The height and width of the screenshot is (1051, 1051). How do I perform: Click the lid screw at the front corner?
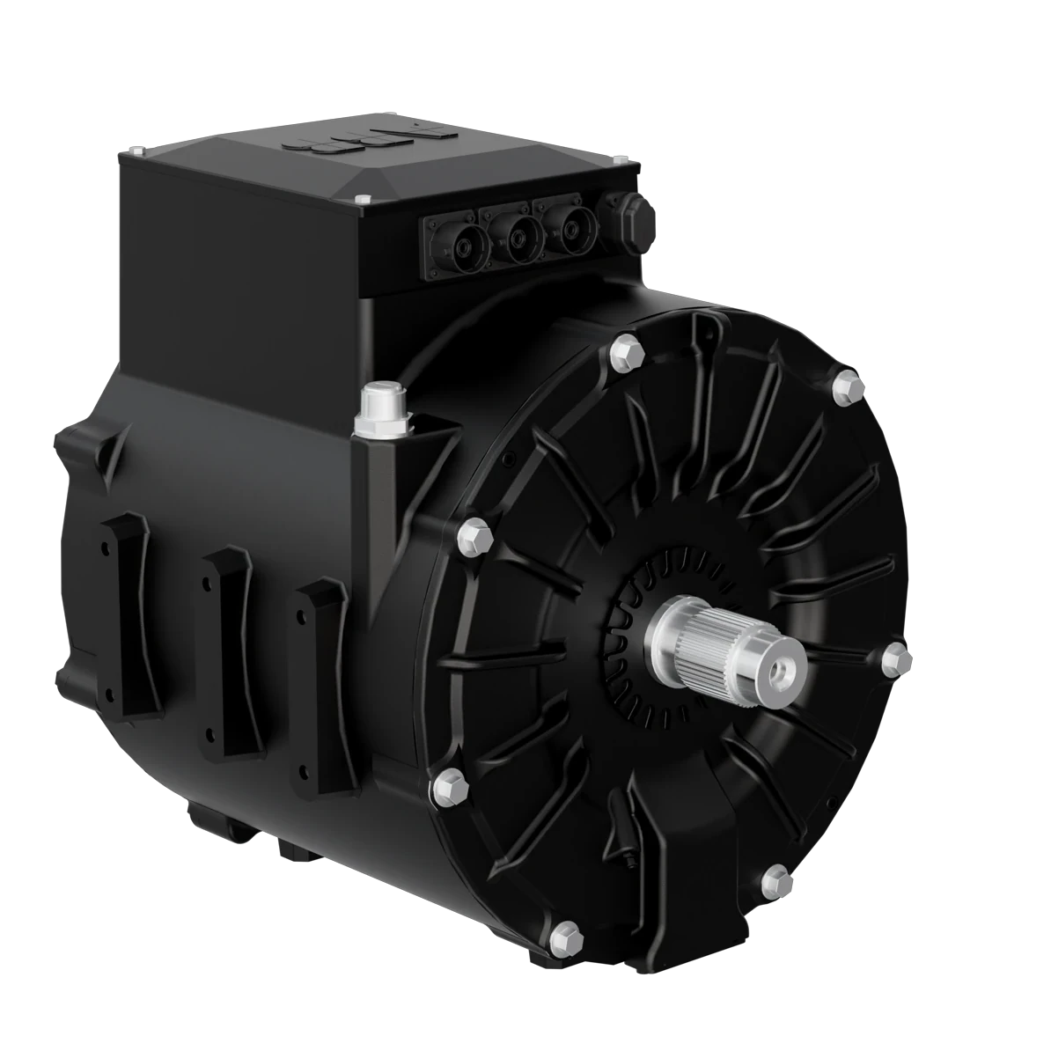point(361,202)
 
